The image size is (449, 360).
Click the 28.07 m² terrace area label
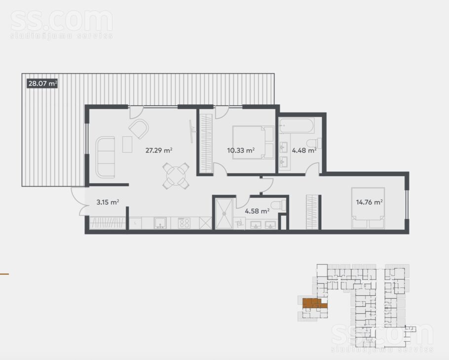42,83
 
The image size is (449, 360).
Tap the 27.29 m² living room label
159,150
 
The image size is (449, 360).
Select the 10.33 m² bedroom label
241,150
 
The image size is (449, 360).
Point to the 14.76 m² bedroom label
370,202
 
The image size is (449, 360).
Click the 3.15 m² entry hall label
108,202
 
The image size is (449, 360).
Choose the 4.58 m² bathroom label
257,211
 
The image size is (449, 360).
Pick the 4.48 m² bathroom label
304,150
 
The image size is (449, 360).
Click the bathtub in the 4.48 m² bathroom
297,125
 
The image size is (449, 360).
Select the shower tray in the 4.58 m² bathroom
224,213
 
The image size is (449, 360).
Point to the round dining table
176,176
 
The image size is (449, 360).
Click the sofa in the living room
106,158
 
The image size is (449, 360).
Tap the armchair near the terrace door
139,129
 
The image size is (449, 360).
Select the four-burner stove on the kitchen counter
184,223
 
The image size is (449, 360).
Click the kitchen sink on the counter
160,223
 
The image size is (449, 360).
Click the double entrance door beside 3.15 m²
79,200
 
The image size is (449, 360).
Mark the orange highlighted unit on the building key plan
314,304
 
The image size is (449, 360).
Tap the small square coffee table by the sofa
127,144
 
